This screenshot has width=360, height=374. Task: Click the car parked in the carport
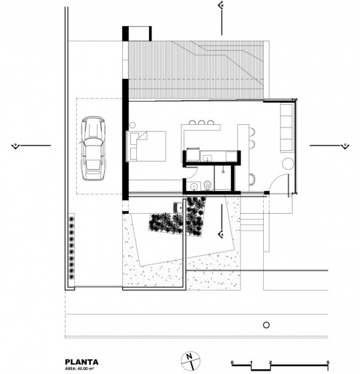click(x=93, y=148)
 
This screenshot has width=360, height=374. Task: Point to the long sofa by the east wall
click(x=286, y=127)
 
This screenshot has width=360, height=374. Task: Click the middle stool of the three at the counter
click(x=202, y=122)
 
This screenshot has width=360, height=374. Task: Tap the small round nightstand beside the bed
click(x=133, y=126)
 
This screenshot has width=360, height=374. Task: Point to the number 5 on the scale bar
click(x=328, y=363)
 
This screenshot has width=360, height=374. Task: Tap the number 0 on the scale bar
click(x=232, y=363)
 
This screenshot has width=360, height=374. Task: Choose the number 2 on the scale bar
click(x=271, y=363)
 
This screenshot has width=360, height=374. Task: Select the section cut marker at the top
click(x=222, y=6)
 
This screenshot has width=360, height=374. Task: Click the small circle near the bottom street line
click(x=265, y=325)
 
